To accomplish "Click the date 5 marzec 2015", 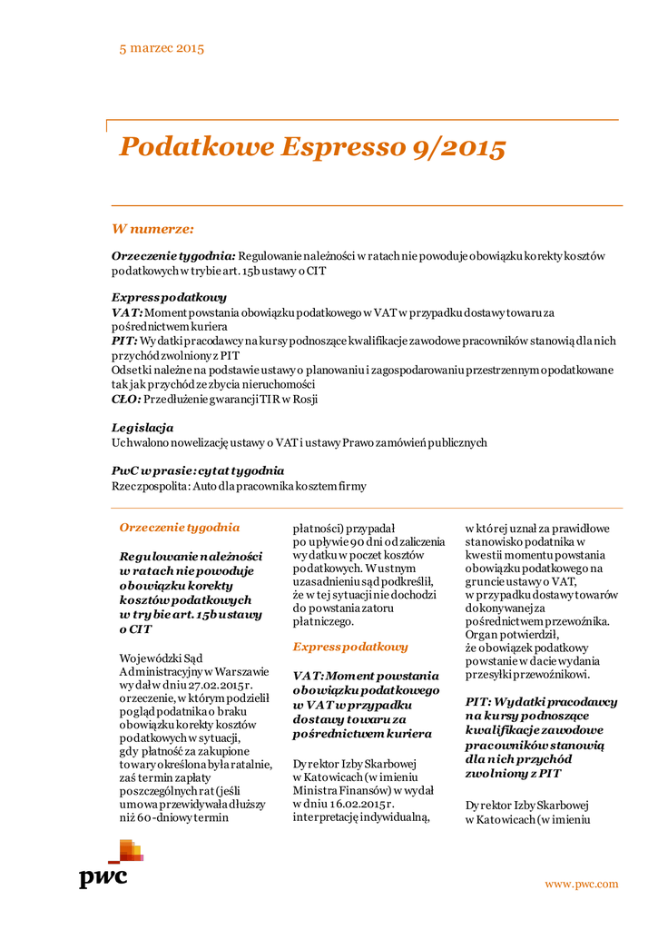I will (x=162, y=48).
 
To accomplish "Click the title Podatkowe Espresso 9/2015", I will (x=312, y=147).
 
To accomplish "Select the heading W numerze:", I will (x=152, y=229).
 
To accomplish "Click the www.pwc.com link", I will (x=581, y=884).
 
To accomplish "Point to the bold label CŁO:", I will (x=126, y=399).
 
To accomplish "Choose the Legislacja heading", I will (x=142, y=428).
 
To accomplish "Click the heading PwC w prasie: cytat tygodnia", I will (x=198, y=471).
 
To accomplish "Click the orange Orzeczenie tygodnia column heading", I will (x=180, y=527).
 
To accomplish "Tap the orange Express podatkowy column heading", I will (x=350, y=647).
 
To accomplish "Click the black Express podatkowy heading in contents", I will (x=169, y=297).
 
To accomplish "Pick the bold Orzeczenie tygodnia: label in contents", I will (x=173, y=257).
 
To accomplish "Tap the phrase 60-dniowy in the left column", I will (x=164, y=817).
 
